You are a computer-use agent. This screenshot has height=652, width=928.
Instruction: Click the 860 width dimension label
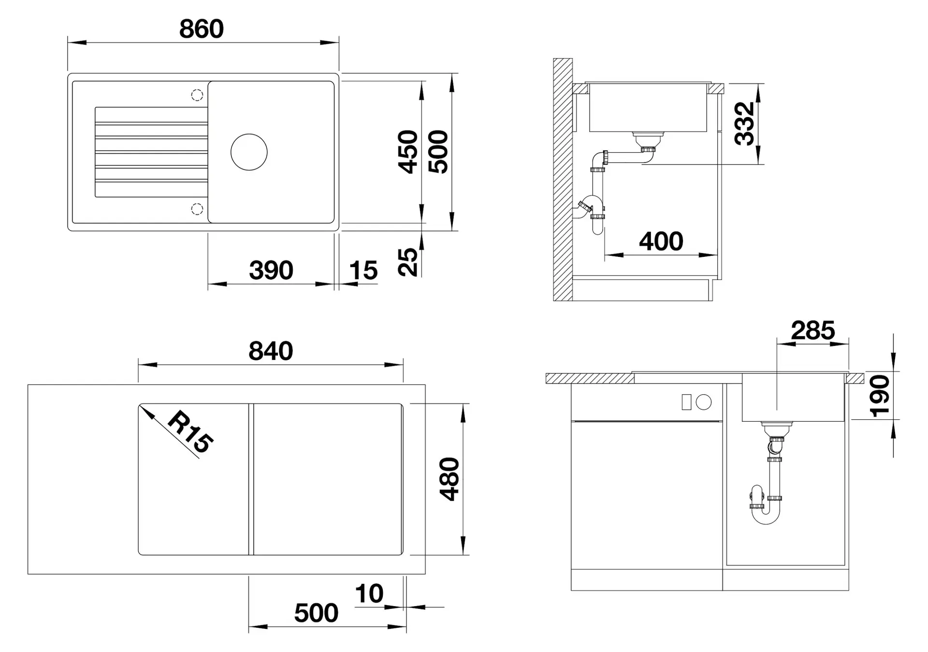pyautogui.click(x=202, y=29)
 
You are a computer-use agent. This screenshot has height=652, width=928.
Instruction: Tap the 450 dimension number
pyautogui.click(x=408, y=152)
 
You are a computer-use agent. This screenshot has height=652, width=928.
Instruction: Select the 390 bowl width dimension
pyautogui.click(x=271, y=270)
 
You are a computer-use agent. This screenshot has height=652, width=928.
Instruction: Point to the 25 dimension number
pyautogui.click(x=408, y=262)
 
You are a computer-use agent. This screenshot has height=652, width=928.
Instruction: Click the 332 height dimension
pyautogui.click(x=744, y=124)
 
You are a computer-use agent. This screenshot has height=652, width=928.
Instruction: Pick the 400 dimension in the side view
pyautogui.click(x=661, y=241)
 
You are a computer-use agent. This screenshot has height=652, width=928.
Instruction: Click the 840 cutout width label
pyautogui.click(x=271, y=351)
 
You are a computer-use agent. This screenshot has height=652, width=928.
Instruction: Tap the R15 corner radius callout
pyautogui.click(x=190, y=432)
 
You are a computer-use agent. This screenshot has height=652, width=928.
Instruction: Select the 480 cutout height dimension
pyautogui.click(x=449, y=479)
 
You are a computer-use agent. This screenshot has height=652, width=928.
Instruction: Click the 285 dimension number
pyautogui.click(x=813, y=331)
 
